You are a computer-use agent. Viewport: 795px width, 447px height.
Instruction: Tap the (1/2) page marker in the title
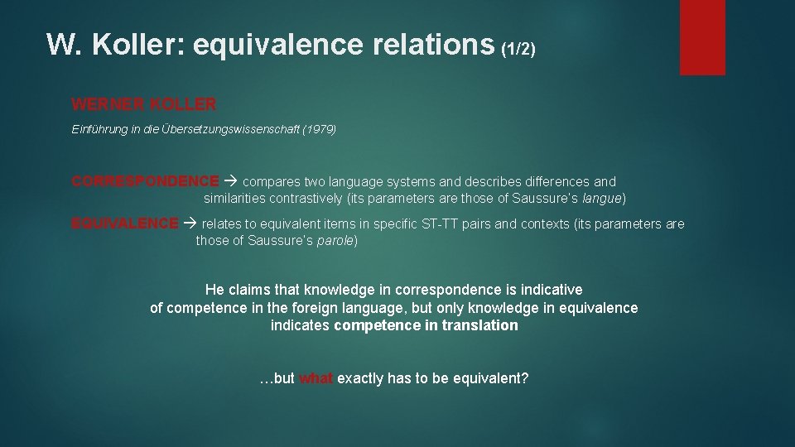[x=518, y=48]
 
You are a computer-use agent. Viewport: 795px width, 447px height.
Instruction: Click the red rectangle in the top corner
[x=702, y=37]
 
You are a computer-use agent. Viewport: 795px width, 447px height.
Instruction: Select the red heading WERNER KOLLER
[x=144, y=104]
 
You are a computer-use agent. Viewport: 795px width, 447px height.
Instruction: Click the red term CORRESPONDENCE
[x=146, y=181]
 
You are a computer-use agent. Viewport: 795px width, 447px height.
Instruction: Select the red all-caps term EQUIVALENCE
[x=125, y=223]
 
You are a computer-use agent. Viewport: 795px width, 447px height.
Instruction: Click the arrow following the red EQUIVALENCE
[x=190, y=223]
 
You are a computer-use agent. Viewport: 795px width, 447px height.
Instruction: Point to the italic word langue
[x=602, y=199]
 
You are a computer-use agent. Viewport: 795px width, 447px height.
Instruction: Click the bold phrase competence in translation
[x=426, y=325]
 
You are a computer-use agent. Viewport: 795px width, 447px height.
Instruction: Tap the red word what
[x=316, y=378]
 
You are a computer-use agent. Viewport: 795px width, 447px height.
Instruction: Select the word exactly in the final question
[x=360, y=378]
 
